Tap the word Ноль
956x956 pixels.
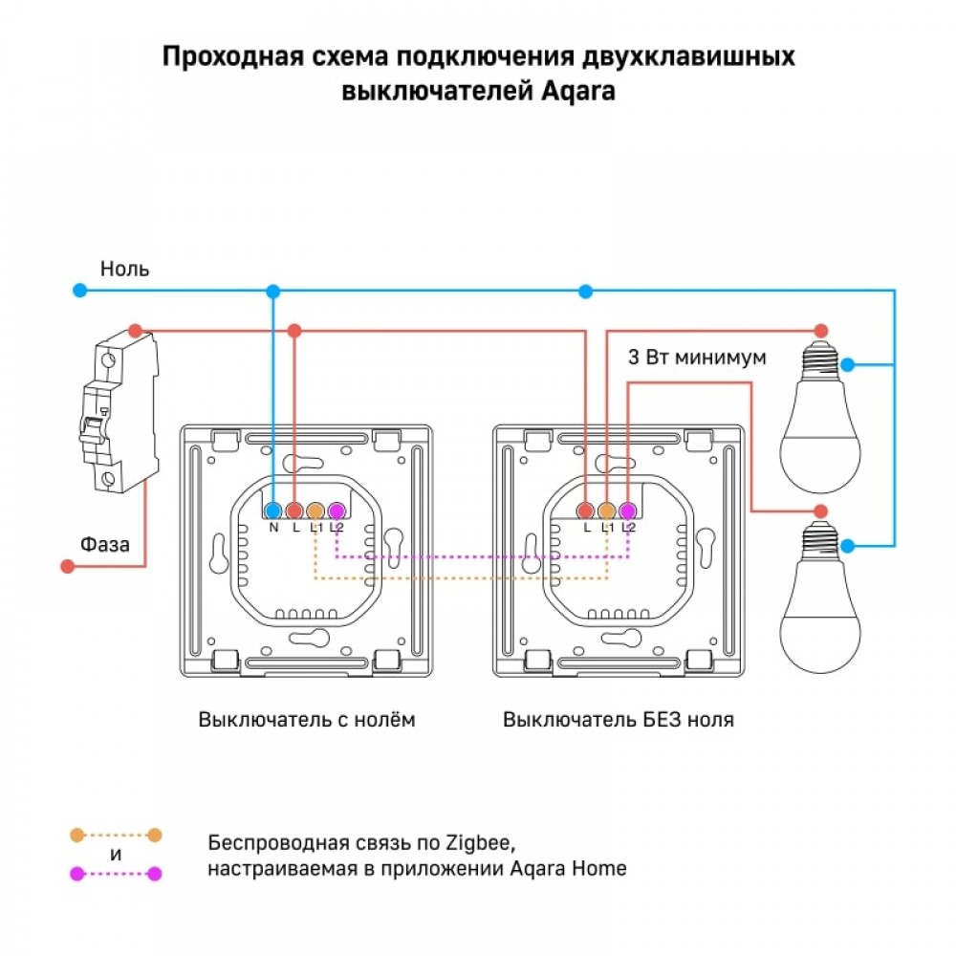point(125,269)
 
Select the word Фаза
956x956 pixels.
point(105,544)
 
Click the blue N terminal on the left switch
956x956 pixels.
point(273,511)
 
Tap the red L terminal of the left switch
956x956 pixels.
point(294,511)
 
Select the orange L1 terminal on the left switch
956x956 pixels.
point(315,511)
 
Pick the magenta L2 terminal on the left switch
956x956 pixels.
point(336,511)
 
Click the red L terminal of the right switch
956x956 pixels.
point(586,511)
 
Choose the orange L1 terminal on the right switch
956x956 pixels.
point(607,511)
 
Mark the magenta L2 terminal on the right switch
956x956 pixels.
point(627,511)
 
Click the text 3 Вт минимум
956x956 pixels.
point(697,358)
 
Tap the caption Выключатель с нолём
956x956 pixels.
point(307,720)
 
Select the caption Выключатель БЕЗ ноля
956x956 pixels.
point(619,720)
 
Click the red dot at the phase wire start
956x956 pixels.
point(67,567)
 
